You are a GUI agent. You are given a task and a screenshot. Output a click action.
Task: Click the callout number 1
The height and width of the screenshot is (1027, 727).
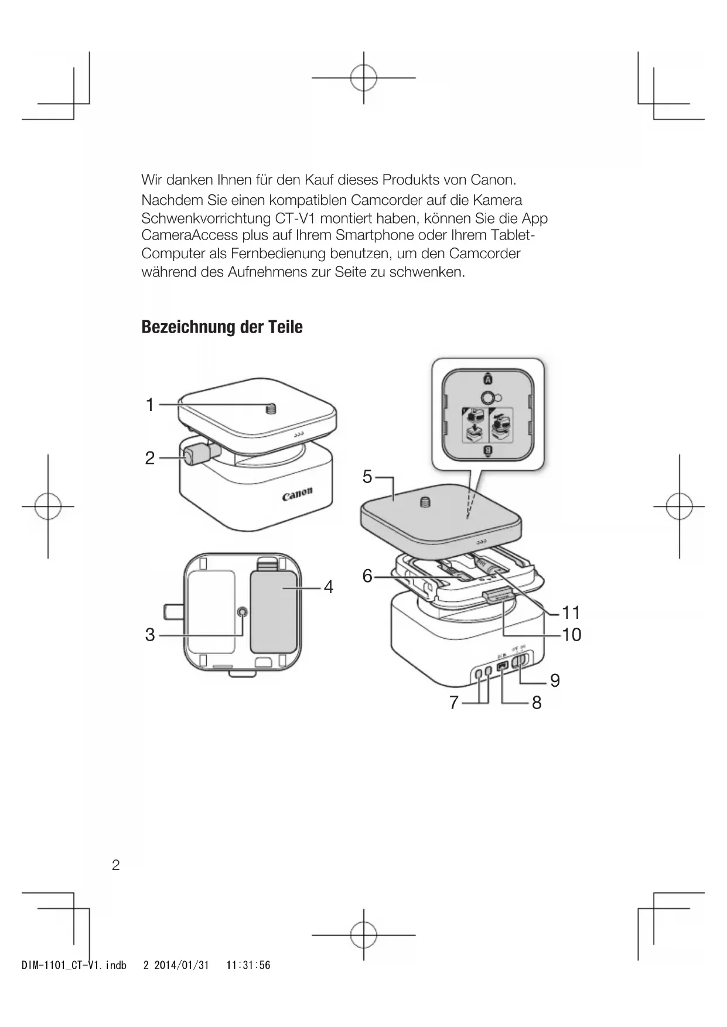tap(150, 405)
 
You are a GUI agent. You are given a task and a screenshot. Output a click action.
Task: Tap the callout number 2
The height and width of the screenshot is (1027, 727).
tap(150, 458)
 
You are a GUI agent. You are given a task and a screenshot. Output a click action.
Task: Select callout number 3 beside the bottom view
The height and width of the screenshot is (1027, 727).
tap(150, 635)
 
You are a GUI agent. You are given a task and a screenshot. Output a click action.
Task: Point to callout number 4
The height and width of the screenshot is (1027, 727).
tap(329, 587)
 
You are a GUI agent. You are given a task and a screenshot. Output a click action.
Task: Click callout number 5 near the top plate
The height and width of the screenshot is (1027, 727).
tap(367, 477)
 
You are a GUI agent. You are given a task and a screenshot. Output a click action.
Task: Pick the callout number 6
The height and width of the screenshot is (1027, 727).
tap(367, 576)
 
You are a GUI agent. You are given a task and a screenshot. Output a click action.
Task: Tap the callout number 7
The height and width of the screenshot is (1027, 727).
tap(453, 702)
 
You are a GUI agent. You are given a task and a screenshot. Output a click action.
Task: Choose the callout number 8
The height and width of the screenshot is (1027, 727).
tap(537, 702)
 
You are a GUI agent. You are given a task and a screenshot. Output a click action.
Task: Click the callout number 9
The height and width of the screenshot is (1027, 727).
tap(555, 680)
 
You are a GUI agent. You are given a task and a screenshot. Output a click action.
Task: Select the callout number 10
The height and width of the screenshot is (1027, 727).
tap(572, 635)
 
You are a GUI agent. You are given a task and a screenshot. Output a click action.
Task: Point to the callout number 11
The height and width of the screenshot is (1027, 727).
tap(571, 613)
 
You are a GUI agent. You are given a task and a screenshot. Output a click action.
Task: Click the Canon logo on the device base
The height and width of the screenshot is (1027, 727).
tap(297, 495)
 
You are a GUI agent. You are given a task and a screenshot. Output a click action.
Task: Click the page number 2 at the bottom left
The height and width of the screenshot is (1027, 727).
tap(116, 865)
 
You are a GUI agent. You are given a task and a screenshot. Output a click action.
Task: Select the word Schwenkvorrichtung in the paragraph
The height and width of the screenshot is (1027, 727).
tap(205, 218)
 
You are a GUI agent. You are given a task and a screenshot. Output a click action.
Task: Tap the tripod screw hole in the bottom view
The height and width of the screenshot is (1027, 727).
tap(243, 612)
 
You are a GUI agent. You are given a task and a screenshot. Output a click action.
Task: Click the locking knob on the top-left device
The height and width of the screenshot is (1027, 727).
tap(194, 455)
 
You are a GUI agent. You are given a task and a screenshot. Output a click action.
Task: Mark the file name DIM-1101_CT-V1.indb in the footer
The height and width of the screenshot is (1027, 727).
tap(74, 965)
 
